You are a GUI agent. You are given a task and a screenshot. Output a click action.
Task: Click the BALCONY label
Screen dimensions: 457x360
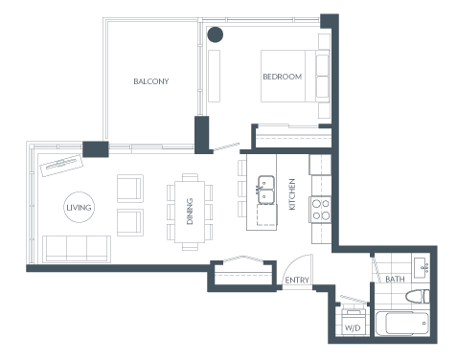151,81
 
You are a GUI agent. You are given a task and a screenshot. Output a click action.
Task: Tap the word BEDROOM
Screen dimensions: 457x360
283,77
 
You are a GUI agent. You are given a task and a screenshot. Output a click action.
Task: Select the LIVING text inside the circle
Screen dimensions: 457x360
79,208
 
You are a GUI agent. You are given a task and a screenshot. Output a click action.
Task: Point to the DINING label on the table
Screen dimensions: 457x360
190,212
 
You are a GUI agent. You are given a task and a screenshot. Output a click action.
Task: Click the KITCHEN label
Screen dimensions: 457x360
292,194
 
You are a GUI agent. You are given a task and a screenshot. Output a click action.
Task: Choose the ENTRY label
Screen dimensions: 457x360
297,281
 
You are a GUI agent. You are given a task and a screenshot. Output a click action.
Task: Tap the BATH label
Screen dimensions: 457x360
395,280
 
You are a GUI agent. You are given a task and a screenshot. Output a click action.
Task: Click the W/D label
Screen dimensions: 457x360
353,327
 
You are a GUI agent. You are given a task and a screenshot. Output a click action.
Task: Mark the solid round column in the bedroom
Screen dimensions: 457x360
216,34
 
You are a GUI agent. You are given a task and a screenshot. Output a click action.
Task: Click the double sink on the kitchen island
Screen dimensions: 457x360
266,190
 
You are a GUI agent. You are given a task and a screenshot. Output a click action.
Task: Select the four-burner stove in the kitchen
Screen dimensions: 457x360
320,210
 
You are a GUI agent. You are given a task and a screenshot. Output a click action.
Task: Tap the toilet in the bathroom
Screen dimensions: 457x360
418,297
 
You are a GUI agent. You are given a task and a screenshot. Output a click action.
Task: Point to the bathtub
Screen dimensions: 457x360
402,324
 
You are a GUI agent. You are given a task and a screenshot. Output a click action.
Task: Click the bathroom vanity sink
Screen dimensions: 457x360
422,266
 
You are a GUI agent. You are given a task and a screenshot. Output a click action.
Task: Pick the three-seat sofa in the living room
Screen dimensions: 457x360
77,249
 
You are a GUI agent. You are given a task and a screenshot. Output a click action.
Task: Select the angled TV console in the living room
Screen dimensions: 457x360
61,166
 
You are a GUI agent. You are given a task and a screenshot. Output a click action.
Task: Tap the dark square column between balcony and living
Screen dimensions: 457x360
96,149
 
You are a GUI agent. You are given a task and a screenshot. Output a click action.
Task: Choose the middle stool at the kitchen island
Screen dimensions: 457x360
242,190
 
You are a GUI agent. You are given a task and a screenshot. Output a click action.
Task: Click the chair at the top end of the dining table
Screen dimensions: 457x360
190,177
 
